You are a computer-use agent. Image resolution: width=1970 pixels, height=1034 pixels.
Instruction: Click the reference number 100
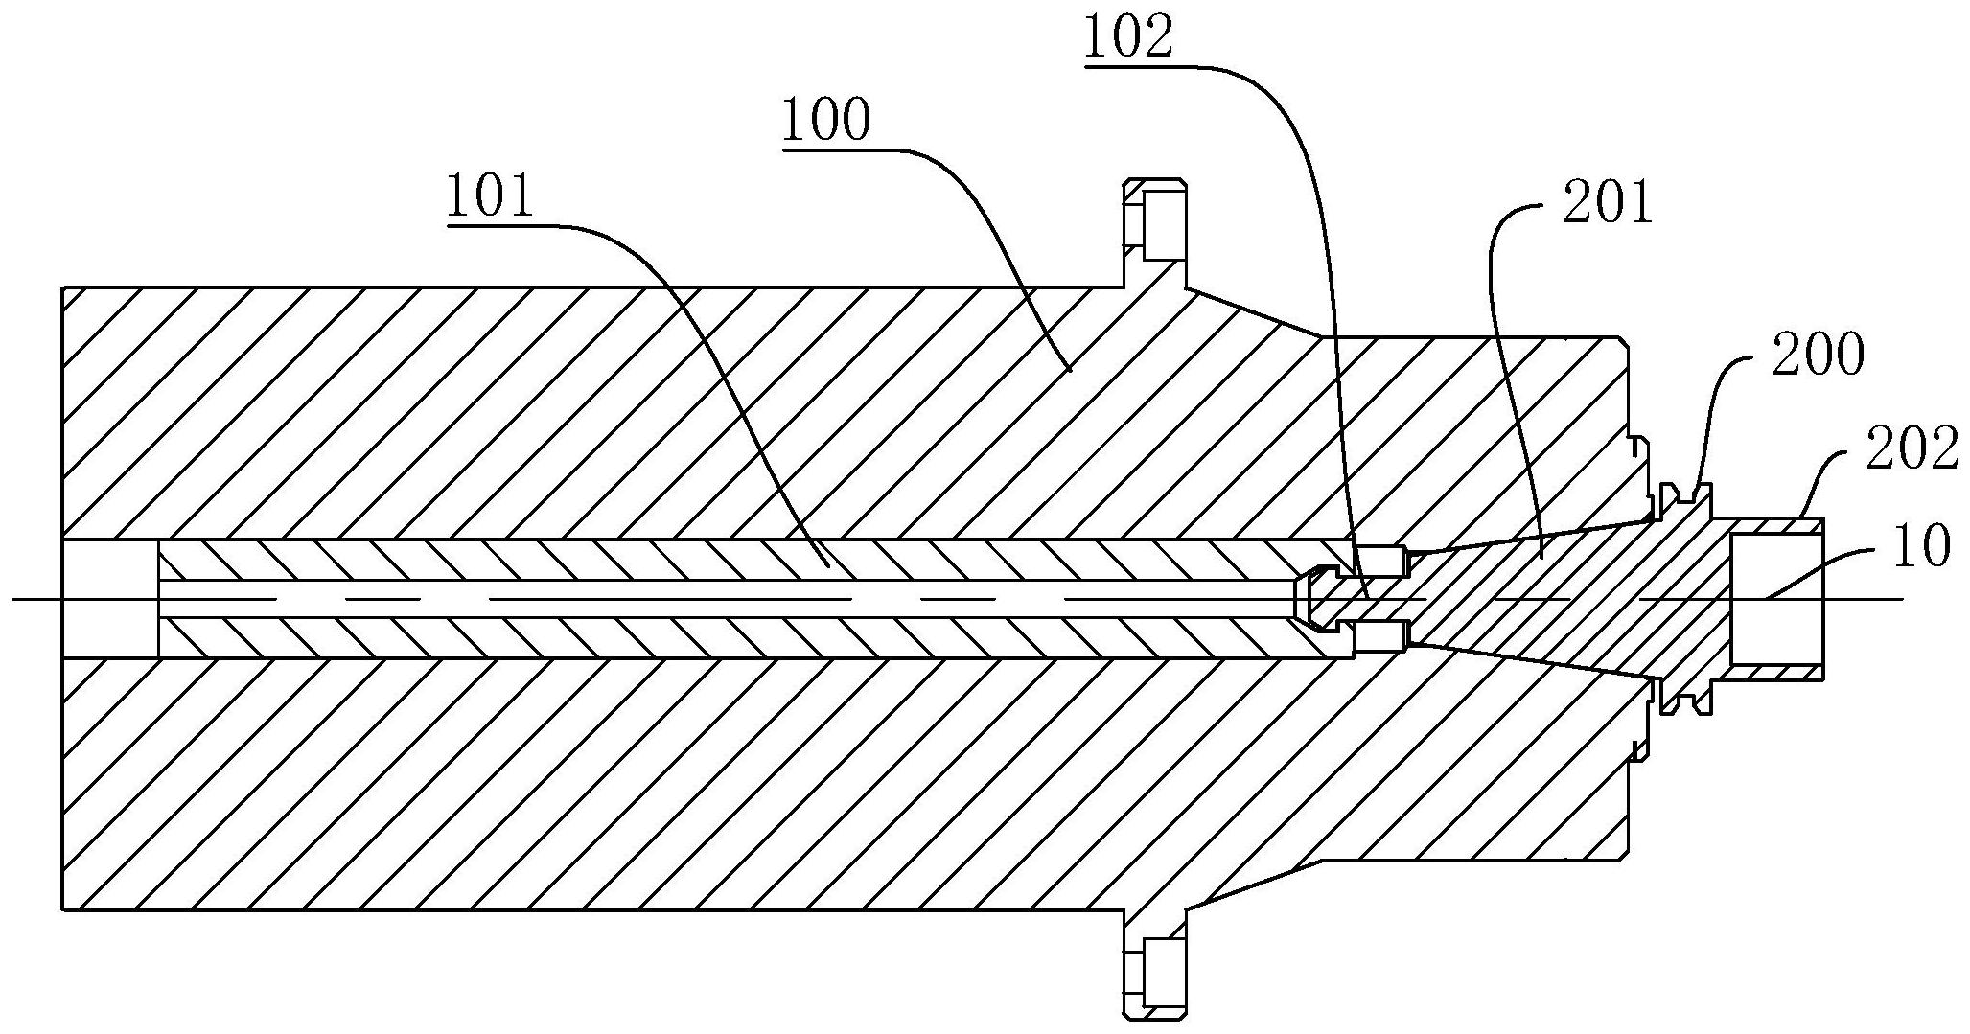click(x=826, y=121)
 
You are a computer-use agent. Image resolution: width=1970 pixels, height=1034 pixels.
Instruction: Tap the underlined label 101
click(x=489, y=198)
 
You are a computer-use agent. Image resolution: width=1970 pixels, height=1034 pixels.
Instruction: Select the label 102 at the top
click(x=1128, y=38)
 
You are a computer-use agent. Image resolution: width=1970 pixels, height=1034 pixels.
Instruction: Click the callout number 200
click(x=1818, y=355)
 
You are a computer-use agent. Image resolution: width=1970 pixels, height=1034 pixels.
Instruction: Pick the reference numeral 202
click(x=1911, y=448)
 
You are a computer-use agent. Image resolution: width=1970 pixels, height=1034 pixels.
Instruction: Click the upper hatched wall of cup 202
click(x=1773, y=525)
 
